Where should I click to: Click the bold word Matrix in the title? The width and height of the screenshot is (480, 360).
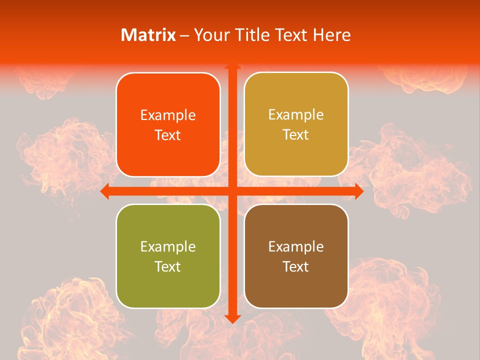click(x=148, y=35)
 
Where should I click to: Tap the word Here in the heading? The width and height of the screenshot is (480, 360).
click(x=331, y=35)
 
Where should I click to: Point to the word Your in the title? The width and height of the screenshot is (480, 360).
click(x=209, y=35)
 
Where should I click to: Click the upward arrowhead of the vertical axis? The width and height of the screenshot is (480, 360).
click(x=232, y=66)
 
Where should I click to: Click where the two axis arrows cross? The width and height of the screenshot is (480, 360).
click(x=232, y=191)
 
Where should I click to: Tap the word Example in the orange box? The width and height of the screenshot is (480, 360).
click(x=168, y=115)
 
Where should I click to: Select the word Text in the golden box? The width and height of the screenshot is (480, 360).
click(x=296, y=135)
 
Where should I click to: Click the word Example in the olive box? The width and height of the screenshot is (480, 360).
click(x=168, y=247)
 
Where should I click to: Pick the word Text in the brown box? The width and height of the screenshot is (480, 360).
click(x=296, y=266)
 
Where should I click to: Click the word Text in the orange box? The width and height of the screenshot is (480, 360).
click(x=168, y=135)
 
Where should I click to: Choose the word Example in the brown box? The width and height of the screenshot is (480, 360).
click(x=296, y=247)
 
